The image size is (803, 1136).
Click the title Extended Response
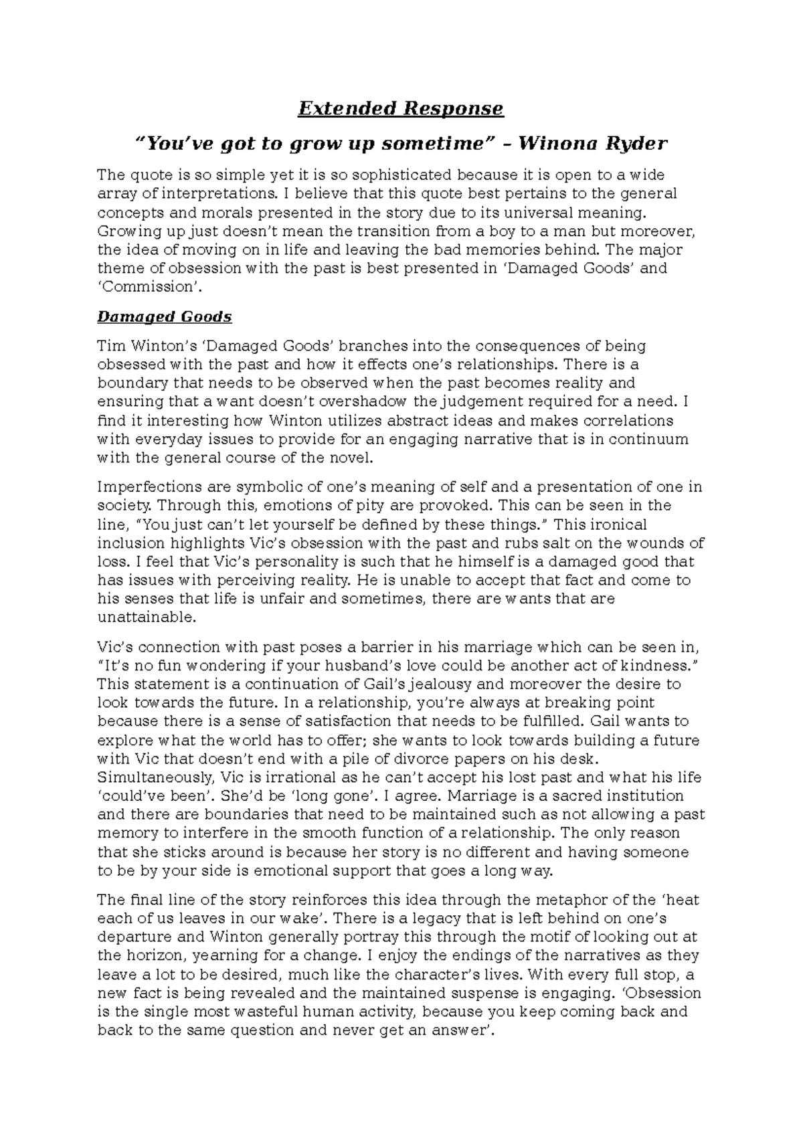[x=400, y=108]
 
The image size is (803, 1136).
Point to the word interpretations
[x=209, y=194]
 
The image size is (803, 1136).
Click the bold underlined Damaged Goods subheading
[x=165, y=316]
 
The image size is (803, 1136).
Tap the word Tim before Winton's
[x=111, y=346]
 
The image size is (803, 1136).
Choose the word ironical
[x=615, y=524]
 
